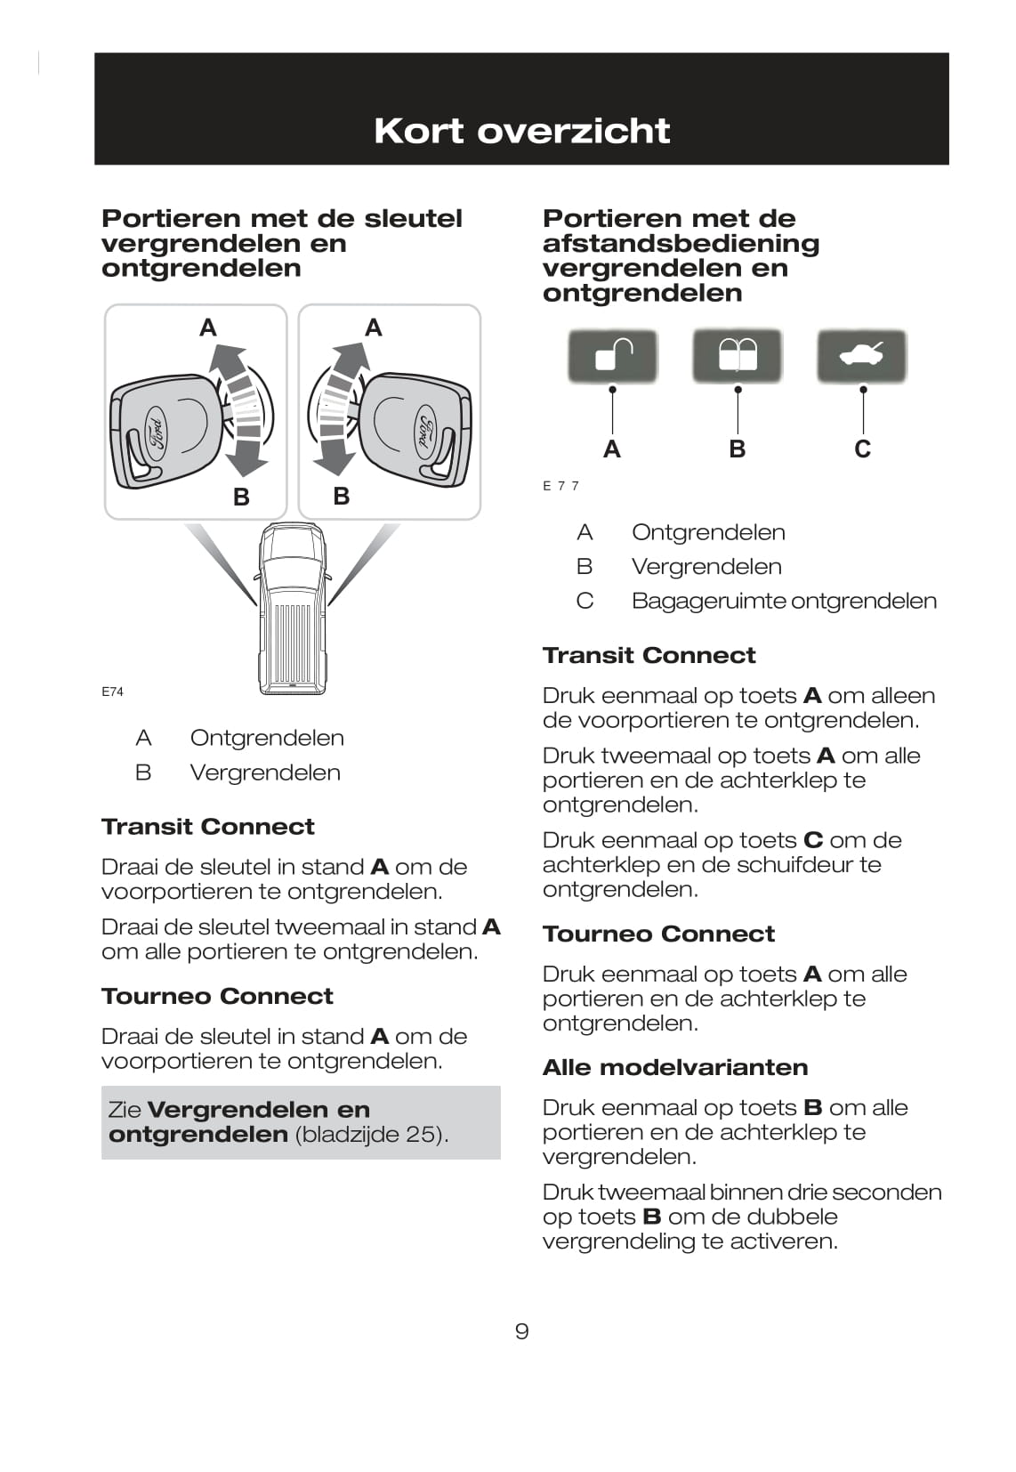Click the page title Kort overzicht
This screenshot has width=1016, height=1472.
521,131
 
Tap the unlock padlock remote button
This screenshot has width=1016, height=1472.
612,356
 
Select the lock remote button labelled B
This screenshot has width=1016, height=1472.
737,355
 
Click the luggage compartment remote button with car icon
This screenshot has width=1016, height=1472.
861,356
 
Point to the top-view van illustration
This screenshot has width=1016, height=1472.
292,610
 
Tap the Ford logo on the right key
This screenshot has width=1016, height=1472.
424,433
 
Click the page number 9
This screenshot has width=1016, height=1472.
521,1331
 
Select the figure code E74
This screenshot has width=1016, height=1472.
112,692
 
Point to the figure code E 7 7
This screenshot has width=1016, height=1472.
560,486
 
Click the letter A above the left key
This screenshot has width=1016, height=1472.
208,328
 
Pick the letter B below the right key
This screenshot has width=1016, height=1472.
342,497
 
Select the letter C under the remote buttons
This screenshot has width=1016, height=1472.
862,449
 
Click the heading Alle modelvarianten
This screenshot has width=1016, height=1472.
675,1067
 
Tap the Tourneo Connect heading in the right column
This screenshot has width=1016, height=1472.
658,934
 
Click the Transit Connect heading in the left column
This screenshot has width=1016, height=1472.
207,827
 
